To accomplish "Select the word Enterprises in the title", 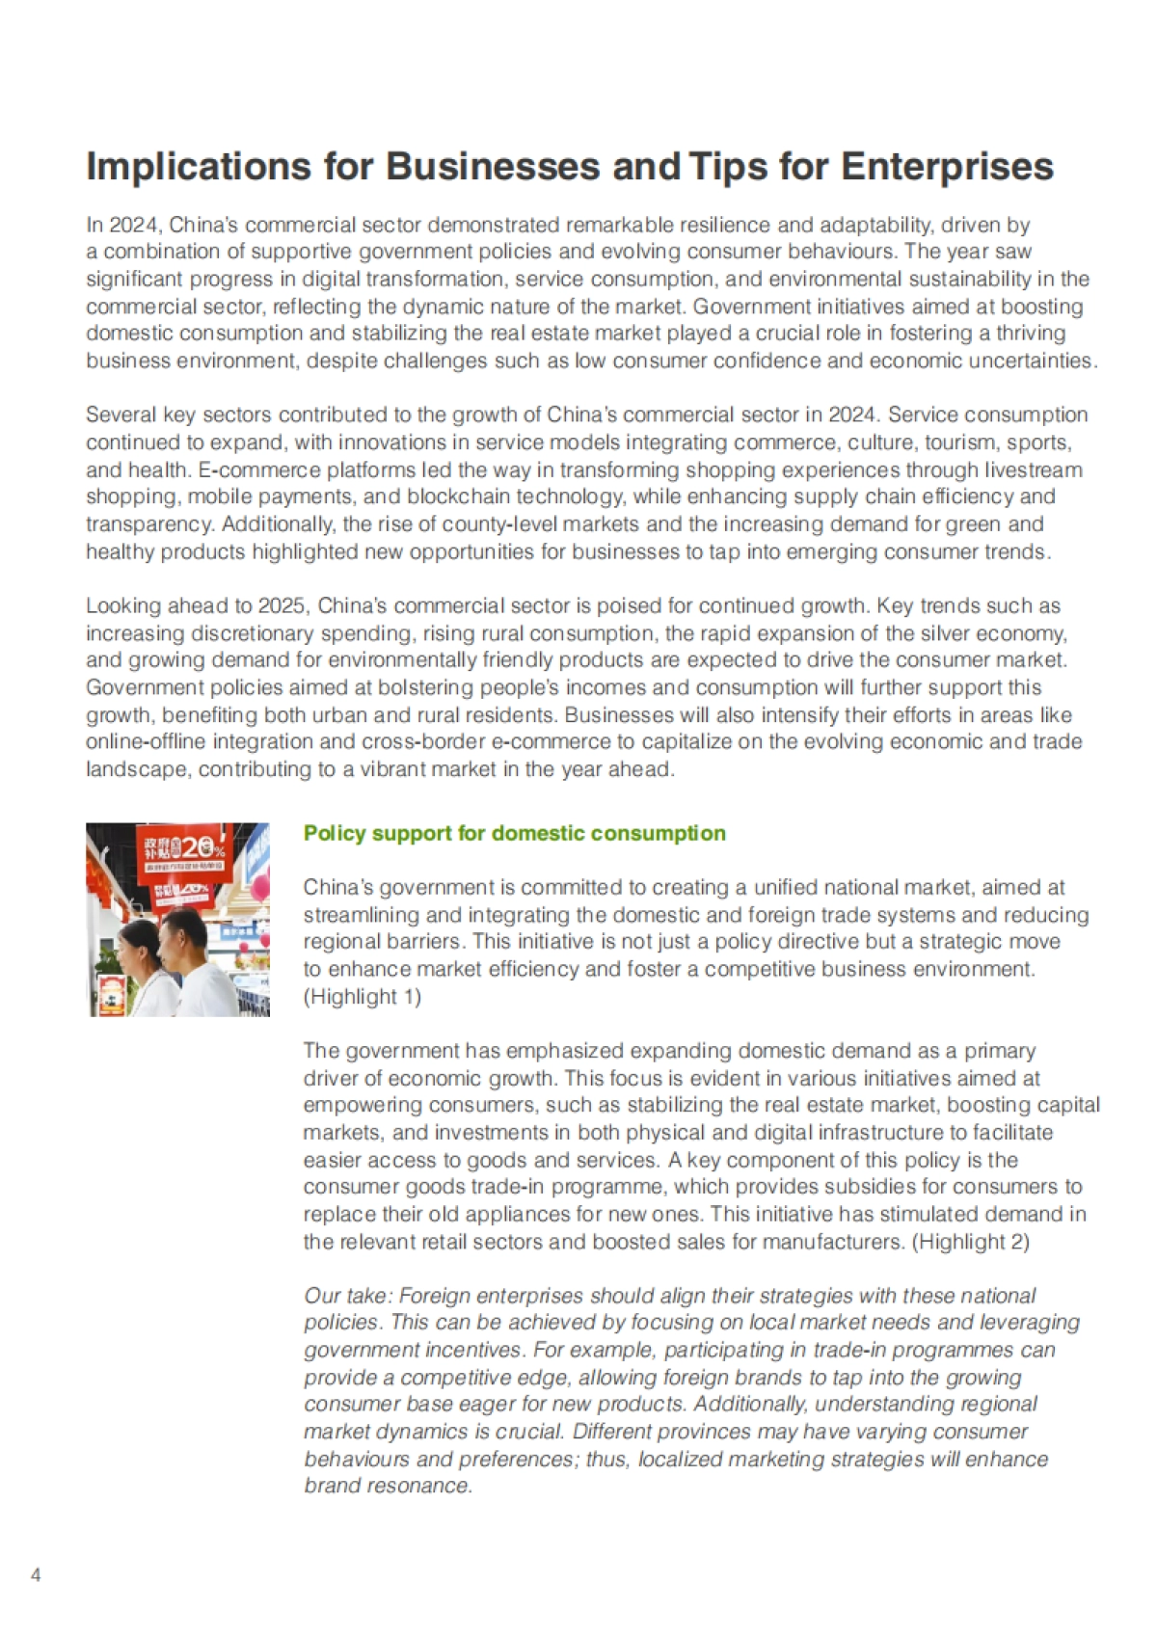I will (947, 167).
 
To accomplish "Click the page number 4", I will (37, 1575).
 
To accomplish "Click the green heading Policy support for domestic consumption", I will (514, 833).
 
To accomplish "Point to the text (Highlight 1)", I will (363, 996).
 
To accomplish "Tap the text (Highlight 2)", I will (971, 1241).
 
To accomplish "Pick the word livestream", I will (1034, 470).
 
